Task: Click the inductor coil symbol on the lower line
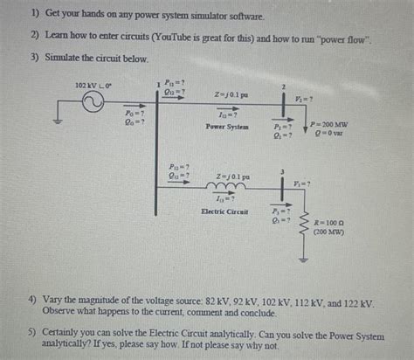(223, 186)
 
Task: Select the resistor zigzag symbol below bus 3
(305, 228)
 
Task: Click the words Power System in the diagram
(226, 127)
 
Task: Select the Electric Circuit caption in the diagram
(224, 211)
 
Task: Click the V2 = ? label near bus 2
(304, 99)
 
